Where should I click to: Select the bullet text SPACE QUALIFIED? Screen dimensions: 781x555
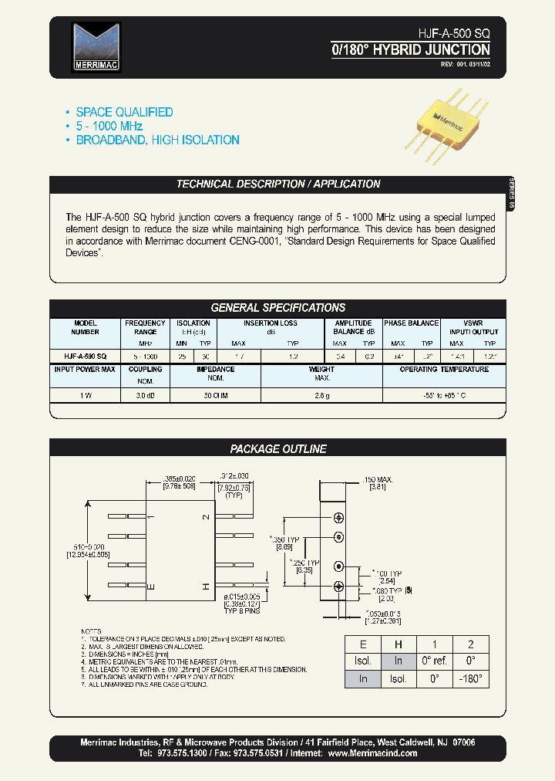click(124, 112)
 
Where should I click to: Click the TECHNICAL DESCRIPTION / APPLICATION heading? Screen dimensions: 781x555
click(278, 184)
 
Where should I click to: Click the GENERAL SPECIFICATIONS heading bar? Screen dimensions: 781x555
click(278, 307)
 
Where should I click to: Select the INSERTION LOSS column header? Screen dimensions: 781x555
click(271, 323)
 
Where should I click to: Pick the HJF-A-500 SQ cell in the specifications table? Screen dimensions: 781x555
click(86, 357)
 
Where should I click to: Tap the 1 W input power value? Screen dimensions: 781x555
click(86, 394)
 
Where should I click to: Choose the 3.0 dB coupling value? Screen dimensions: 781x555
click(146, 394)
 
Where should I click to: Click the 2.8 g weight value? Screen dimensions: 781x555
click(321, 394)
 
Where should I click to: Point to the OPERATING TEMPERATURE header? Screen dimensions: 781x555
click(444, 370)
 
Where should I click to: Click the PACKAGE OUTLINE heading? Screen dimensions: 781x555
click(278, 448)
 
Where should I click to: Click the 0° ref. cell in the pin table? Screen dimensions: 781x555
click(435, 661)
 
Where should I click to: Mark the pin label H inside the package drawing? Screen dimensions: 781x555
click(206, 587)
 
